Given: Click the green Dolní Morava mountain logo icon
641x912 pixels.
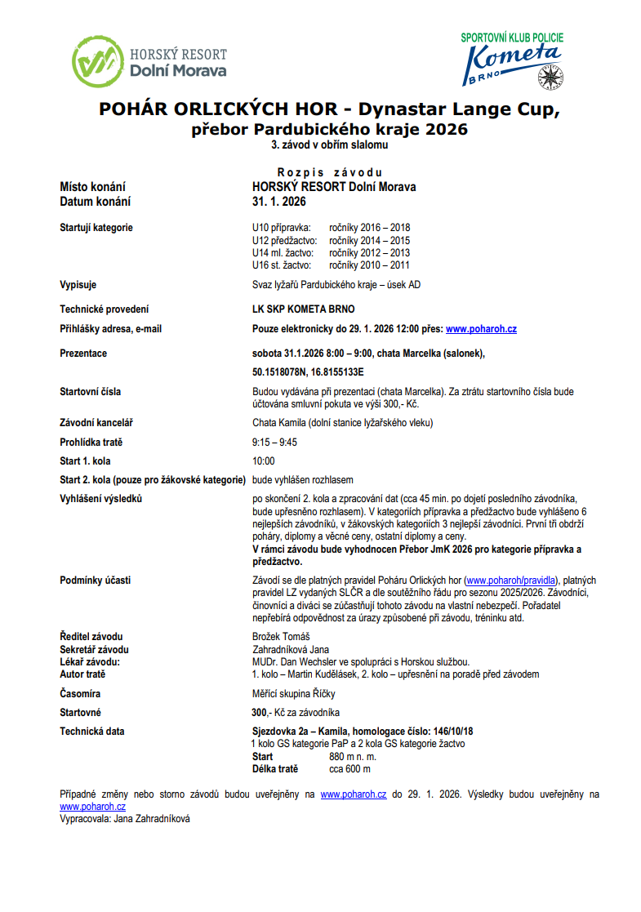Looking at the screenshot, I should (x=98, y=62).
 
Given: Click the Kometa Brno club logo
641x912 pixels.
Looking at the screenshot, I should (x=512, y=61).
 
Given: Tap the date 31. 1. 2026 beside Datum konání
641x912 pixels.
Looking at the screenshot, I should (x=278, y=202).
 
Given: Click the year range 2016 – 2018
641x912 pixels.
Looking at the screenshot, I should (x=369, y=228).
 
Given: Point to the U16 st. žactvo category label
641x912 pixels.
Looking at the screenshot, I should (x=281, y=265).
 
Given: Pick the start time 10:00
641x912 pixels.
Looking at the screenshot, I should (x=263, y=461).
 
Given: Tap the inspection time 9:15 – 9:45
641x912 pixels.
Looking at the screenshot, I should (x=274, y=443).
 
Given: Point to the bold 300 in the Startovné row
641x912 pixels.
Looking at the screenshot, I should (x=260, y=713).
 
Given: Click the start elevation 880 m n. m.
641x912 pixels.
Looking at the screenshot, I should (x=356, y=757).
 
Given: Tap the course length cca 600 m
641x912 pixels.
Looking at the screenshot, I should (x=349, y=769).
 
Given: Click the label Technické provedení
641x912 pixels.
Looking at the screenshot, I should (x=105, y=309).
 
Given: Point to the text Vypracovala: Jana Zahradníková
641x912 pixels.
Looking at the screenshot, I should (x=125, y=818).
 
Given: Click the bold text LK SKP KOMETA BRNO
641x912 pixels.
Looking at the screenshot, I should (x=304, y=309).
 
